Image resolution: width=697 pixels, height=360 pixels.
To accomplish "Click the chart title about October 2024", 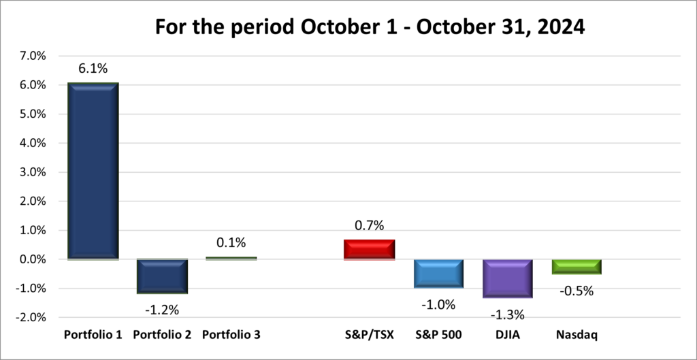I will click(370, 27).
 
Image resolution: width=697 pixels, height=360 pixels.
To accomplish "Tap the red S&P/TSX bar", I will click(370, 249).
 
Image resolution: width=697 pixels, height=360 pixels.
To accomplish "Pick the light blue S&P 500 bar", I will click(438, 274).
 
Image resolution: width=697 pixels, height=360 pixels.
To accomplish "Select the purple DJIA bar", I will click(507, 278).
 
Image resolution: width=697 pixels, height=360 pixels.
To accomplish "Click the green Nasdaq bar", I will click(577, 267).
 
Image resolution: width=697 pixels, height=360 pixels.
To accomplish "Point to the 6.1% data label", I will click(93, 68).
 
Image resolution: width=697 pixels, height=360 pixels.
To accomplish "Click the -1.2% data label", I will click(162, 310).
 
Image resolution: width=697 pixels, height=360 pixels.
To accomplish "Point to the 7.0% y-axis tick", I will click(31, 56).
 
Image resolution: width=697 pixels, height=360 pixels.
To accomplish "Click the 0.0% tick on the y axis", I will click(31, 259).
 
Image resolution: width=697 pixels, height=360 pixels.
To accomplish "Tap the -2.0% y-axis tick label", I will click(29, 317).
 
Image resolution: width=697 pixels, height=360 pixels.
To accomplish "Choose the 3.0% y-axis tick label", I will click(31, 172).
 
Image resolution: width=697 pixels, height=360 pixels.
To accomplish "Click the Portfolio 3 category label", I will click(231, 335).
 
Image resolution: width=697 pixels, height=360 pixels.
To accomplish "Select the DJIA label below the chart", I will click(507, 335).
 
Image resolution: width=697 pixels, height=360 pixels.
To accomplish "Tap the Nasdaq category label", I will click(577, 335).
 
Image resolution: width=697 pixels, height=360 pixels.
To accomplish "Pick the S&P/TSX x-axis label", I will click(370, 335).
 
